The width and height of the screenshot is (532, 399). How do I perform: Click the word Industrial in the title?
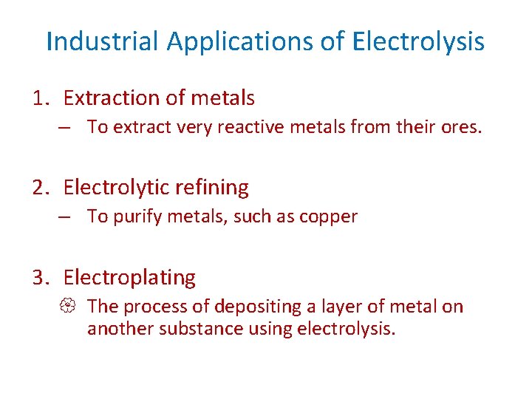102,41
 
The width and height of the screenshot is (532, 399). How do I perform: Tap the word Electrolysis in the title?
419,41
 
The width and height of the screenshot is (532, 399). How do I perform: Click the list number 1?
40,98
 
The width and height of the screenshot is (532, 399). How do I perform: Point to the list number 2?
40,188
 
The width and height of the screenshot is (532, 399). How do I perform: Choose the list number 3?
40,278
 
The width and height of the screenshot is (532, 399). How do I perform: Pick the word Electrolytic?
115,188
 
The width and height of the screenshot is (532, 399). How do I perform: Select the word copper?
330,217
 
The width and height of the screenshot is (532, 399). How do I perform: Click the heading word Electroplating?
129,278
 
